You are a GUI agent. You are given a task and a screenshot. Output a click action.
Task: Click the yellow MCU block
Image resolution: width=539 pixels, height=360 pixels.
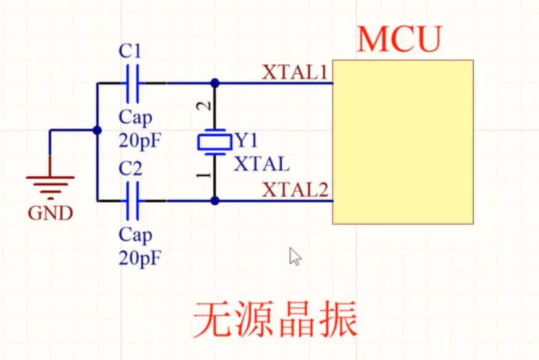click(403, 142)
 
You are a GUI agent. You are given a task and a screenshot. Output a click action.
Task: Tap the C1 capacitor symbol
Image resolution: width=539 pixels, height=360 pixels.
click(133, 83)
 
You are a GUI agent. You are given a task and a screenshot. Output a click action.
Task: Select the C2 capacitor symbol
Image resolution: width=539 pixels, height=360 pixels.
click(133, 200)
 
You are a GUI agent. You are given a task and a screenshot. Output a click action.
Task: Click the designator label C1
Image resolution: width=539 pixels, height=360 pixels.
click(130, 52)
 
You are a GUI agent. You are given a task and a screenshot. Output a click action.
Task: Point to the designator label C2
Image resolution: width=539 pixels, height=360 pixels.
click(130, 168)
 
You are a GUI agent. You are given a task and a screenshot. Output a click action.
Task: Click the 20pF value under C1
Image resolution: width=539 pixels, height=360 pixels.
click(140, 140)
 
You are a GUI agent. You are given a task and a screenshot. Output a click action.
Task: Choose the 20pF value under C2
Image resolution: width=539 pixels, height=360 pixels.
click(140, 258)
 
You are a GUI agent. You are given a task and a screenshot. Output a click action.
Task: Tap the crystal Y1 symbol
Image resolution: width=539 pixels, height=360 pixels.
click(214, 142)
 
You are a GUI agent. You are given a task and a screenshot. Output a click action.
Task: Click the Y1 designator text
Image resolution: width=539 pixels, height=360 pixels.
click(246, 141)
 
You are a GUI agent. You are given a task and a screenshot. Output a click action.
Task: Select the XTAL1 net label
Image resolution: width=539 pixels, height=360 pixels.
click(294, 72)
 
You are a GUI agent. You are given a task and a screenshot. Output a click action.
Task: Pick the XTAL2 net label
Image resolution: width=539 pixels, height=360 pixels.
click(295, 190)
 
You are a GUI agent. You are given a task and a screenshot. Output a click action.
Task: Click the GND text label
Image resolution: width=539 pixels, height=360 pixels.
click(51, 214)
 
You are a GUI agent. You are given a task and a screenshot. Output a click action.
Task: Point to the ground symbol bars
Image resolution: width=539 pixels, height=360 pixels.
click(50, 184)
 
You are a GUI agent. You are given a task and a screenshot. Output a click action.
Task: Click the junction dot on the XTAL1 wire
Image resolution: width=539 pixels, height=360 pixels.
click(215, 83)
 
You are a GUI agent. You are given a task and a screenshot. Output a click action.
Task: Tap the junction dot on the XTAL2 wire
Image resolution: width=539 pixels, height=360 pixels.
click(215, 200)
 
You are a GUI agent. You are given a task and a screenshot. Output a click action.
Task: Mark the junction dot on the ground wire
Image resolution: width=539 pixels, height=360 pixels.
click(97, 130)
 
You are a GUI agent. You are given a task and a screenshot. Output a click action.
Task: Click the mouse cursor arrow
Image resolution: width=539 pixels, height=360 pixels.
click(294, 255)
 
